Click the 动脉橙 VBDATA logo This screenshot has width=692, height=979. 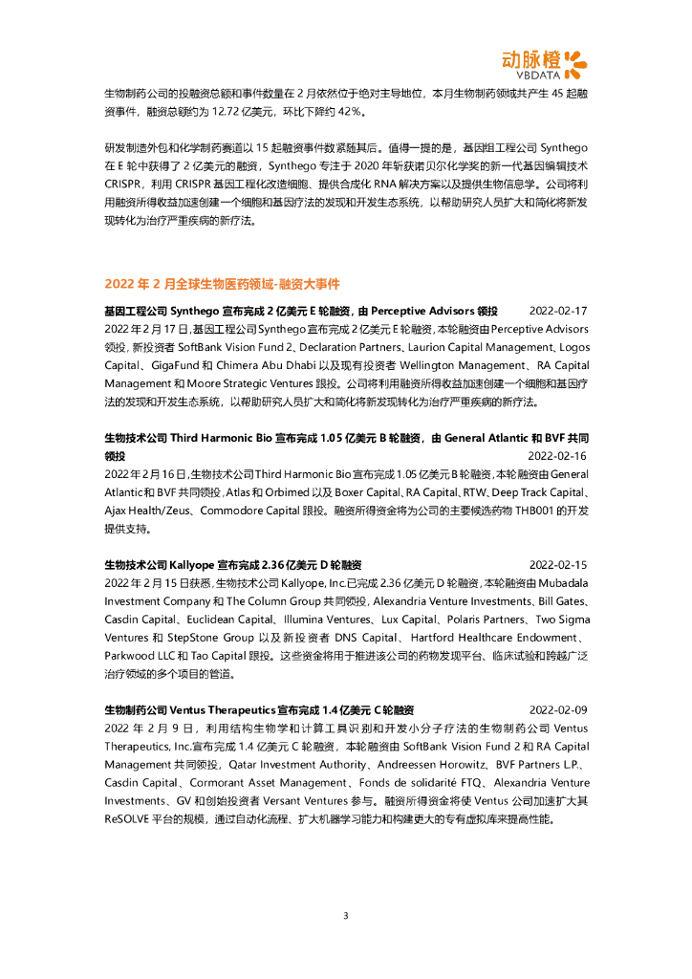(x=544, y=61)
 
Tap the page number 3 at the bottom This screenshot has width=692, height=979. (x=346, y=916)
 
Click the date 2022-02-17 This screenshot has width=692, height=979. (x=558, y=312)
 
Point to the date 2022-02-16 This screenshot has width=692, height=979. (x=558, y=457)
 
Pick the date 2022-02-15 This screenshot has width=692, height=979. (x=558, y=565)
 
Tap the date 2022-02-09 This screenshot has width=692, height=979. (x=558, y=710)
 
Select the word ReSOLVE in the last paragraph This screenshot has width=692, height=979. (x=127, y=819)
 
